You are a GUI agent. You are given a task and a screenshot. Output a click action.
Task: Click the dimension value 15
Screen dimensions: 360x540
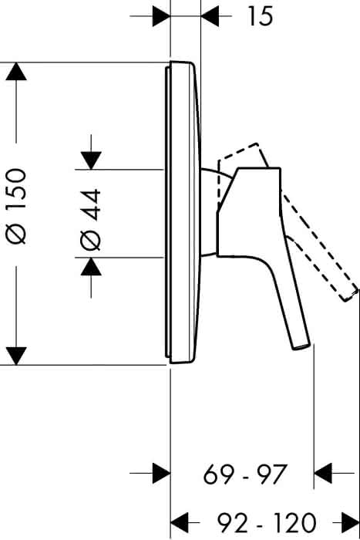[x=261, y=16]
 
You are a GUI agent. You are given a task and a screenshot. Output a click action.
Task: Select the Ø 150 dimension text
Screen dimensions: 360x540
[x=16, y=206]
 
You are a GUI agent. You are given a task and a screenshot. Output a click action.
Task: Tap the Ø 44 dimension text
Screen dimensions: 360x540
[x=90, y=219]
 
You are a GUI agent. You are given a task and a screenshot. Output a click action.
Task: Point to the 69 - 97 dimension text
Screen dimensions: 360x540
[x=244, y=474]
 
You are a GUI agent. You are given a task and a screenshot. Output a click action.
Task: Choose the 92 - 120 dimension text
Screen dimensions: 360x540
[x=267, y=522]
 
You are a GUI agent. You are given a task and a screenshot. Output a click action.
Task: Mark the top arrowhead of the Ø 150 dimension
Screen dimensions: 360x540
[x=16, y=71]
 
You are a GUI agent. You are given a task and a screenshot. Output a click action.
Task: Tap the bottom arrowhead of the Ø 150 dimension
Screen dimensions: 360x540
[x=16, y=356]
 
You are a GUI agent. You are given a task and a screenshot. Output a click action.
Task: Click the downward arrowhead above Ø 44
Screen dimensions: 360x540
[x=91, y=160]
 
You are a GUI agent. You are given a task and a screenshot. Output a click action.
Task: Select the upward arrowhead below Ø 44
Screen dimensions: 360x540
[x=91, y=267]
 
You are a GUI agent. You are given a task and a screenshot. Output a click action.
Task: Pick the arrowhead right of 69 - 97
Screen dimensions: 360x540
[x=323, y=473]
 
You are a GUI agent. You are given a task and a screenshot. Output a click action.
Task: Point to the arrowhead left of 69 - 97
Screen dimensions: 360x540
[x=161, y=473]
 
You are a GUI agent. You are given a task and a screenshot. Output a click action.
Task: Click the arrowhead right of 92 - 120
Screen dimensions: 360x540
[x=350, y=522]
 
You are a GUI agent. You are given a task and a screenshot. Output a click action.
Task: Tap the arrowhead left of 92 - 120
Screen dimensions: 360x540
[x=180, y=522]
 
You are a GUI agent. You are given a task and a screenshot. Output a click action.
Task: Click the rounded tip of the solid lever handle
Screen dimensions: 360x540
[x=302, y=346]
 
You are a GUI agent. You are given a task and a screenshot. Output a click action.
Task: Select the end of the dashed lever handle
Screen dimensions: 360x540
[x=351, y=295]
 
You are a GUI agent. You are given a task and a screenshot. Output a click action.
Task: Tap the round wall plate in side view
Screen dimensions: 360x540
[x=183, y=213]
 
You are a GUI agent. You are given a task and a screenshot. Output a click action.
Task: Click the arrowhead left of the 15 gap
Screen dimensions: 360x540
[x=161, y=16]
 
